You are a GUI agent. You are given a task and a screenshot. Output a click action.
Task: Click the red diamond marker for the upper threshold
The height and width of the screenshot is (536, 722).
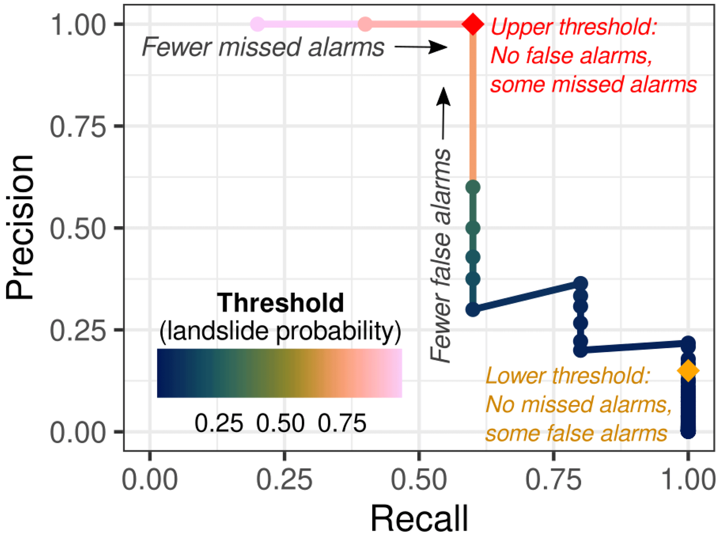pyautogui.click(x=473, y=24)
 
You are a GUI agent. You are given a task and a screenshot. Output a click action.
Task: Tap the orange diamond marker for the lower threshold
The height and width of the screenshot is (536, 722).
pyautogui.click(x=688, y=370)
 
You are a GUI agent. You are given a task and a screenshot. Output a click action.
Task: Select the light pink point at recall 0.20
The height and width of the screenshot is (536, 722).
pyautogui.click(x=257, y=24)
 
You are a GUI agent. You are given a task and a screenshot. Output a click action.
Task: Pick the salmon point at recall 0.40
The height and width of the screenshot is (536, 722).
pyautogui.click(x=365, y=24)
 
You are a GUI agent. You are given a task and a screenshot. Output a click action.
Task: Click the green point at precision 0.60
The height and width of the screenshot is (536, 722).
pyautogui.click(x=473, y=187)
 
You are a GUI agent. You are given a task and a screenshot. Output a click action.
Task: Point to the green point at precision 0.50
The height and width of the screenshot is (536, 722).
pyautogui.click(x=473, y=228)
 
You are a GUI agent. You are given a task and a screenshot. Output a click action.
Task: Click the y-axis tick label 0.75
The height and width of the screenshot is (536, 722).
pyautogui.click(x=78, y=126)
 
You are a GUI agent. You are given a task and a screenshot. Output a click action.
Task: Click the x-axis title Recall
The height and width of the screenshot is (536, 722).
pyautogui.click(x=419, y=518)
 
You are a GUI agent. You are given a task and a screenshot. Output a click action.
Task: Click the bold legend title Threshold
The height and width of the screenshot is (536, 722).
pyautogui.click(x=280, y=302)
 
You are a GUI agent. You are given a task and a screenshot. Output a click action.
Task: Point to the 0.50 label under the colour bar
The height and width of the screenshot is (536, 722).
pyautogui.click(x=280, y=423)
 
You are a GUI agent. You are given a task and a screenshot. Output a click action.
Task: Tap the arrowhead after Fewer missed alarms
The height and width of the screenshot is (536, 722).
pyautogui.click(x=439, y=47)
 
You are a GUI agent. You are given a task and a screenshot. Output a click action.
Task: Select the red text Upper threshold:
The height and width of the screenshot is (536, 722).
pyautogui.click(x=574, y=27)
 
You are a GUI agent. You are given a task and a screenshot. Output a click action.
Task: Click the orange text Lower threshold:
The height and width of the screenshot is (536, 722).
pyautogui.click(x=567, y=376)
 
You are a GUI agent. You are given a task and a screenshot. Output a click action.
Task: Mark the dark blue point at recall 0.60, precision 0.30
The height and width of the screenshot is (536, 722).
pyautogui.click(x=473, y=309)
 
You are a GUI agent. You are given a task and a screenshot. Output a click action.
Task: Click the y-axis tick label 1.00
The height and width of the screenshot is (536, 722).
pyautogui.click(x=78, y=25)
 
